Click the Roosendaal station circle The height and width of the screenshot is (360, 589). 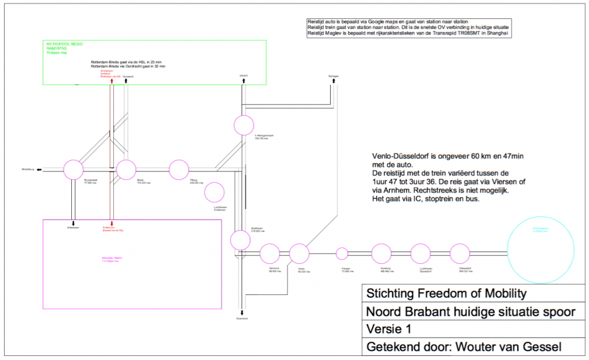click(74, 170)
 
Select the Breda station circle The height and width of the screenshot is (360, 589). click(126, 170)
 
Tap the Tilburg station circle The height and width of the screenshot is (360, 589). click(178, 170)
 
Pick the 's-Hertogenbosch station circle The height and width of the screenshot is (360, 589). click(244, 125)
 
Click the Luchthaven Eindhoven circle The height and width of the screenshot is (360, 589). click(215, 193)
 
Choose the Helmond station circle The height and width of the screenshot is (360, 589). click(269, 253)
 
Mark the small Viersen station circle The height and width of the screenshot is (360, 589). click(342, 253)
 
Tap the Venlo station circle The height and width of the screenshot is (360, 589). click(299, 253)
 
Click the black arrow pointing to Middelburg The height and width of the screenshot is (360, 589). click(40, 170)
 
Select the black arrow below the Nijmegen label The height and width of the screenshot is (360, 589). click(331, 83)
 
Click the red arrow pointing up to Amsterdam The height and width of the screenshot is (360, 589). click(112, 82)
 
